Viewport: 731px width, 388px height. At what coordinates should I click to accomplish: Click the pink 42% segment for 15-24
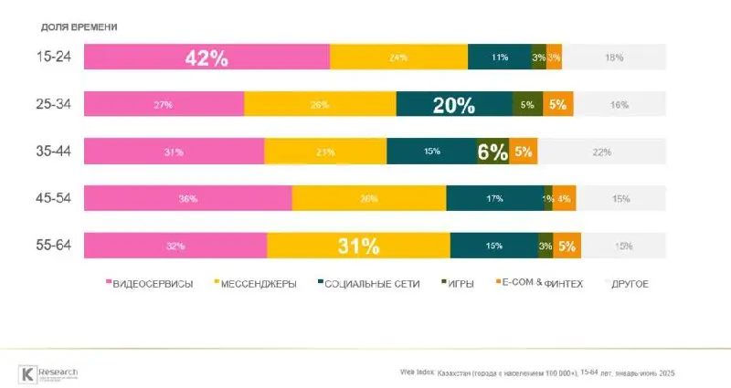pos(207,57)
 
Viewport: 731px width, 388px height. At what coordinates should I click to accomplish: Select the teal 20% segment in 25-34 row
pos(454,104)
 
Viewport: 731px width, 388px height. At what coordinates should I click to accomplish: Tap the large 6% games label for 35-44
pos(492,152)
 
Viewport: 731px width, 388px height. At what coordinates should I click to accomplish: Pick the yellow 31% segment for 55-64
pos(358,246)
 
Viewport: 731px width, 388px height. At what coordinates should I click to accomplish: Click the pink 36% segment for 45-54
pos(187,199)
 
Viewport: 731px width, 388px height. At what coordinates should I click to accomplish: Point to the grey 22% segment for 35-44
pos(601,152)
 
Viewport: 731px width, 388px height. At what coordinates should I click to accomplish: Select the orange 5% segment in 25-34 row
pos(557,104)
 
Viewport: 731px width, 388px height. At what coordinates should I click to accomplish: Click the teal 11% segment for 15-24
pos(499,57)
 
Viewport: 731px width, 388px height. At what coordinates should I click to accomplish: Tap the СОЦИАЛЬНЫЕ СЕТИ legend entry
pos(369,284)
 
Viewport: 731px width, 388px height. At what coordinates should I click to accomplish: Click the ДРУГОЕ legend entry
pos(628,284)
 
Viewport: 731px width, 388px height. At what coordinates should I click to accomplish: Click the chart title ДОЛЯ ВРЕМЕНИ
pos(79,26)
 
